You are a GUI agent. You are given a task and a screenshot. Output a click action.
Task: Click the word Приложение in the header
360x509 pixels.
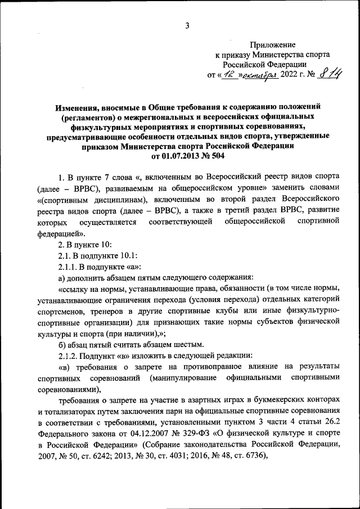pyautogui.click(x=273, y=44)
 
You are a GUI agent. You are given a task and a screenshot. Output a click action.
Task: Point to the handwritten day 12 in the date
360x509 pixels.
pyautogui.click(x=227, y=75)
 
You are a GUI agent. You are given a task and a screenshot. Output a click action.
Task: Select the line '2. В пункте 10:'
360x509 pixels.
pyautogui.click(x=86, y=245)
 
